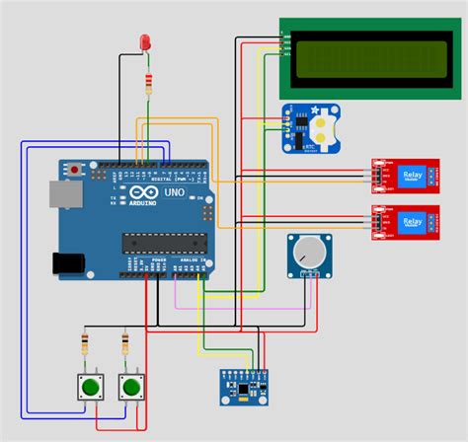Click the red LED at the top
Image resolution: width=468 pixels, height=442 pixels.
146,42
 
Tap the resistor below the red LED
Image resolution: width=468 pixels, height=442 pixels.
148,82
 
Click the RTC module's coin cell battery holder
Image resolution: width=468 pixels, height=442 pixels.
325,126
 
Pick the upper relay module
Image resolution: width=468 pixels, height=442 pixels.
406,174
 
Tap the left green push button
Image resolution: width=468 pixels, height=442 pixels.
91,386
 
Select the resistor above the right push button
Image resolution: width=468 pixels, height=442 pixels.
124,344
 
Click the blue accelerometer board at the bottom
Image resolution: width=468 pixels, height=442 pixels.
242,387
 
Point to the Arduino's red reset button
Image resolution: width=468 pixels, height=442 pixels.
76,171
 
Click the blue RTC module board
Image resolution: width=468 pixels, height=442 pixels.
308,129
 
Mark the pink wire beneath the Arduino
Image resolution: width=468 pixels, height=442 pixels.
237,307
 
